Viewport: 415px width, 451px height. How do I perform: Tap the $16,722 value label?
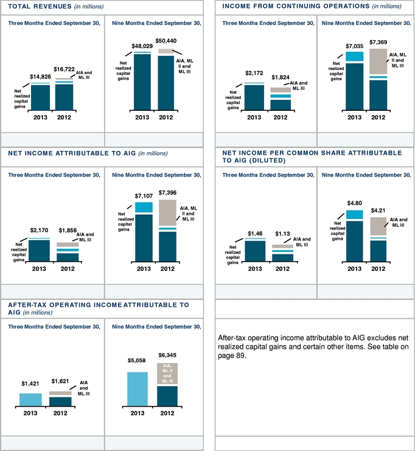[64, 71]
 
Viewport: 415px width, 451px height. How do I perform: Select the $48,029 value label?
[142, 46]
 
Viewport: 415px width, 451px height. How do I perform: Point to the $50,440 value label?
[166, 41]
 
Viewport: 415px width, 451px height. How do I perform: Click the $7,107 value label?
[144, 197]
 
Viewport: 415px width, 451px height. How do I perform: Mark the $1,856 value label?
[68, 231]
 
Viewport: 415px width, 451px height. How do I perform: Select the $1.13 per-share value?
[282, 233]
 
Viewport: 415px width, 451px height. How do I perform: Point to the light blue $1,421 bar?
[30, 399]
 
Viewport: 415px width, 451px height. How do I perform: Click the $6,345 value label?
[167, 354]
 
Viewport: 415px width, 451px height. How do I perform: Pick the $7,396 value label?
[167, 192]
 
